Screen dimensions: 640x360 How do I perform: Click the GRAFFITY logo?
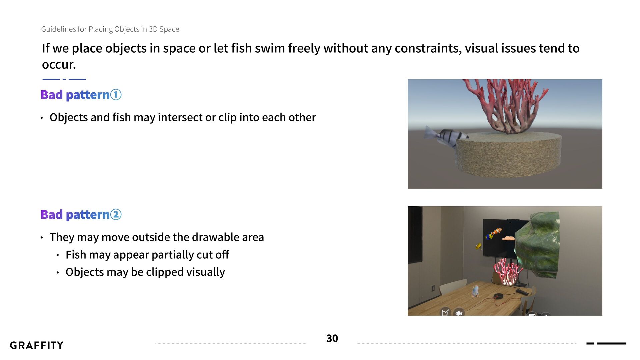tap(37, 345)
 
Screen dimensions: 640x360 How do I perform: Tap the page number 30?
tap(332, 338)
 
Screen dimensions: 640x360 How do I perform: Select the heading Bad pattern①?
tap(81, 95)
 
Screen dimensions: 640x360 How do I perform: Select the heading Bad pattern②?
tap(81, 215)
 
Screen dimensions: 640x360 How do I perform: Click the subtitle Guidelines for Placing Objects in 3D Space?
tap(110, 29)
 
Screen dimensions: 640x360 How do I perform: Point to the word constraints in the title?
tap(428, 48)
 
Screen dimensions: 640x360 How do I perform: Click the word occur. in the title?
tap(59, 65)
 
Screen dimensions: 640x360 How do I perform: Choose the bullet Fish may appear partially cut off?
tap(147, 255)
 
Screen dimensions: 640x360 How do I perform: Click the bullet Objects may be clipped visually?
tap(145, 272)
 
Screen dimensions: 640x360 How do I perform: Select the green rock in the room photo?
tap(537, 244)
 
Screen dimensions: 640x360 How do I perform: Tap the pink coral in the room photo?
tap(507, 272)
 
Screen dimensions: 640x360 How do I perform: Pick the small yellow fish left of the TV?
tap(478, 246)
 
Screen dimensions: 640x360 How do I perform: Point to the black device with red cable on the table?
tap(499, 296)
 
